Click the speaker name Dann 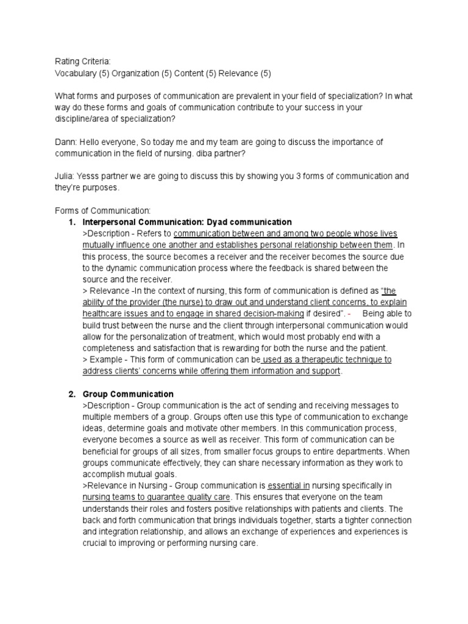(x=66, y=142)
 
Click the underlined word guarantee (x=155, y=497)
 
